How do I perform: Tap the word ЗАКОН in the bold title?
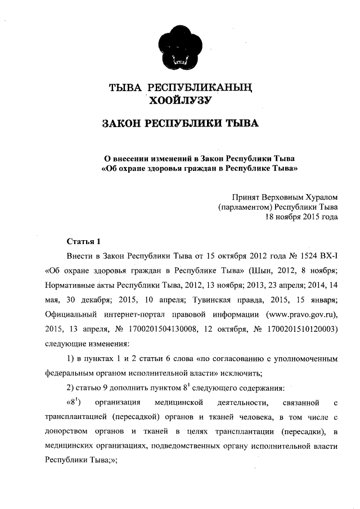tap(121, 123)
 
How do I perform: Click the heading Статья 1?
tap(83, 242)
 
